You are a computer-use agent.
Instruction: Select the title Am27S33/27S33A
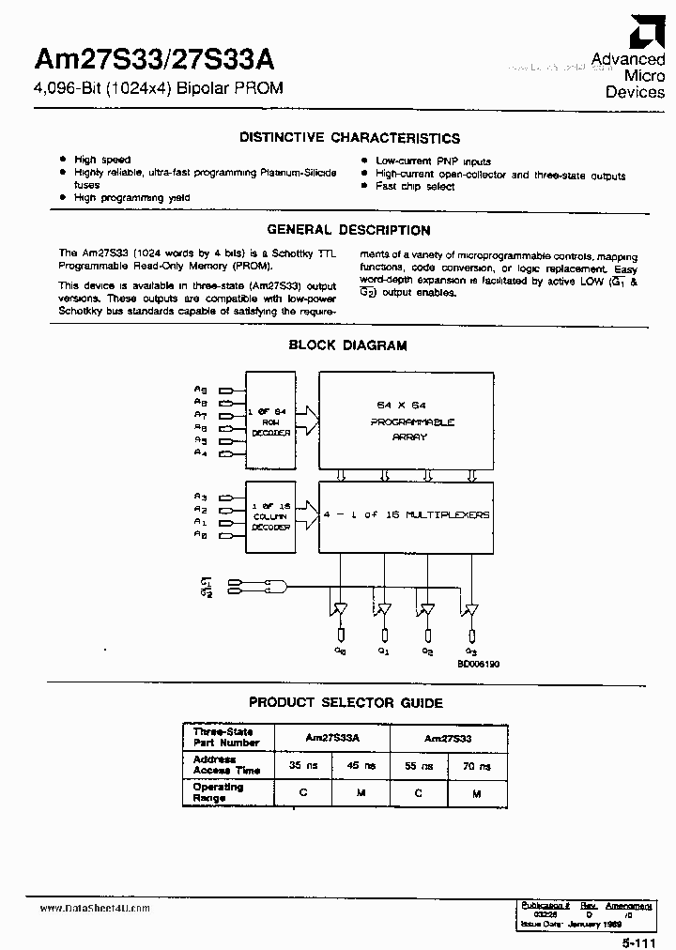pyautogui.click(x=155, y=60)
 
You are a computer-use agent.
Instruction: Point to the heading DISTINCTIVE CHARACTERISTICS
pyautogui.click(x=349, y=138)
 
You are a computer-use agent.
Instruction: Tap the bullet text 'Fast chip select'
pyautogui.click(x=415, y=187)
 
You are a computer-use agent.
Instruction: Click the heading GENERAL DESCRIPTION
pyautogui.click(x=348, y=230)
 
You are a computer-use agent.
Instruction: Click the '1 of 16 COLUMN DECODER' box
pyautogui.click(x=270, y=515)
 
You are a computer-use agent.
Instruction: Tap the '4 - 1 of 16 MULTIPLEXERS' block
pyautogui.click(x=406, y=514)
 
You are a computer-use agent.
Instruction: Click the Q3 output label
pyautogui.click(x=471, y=651)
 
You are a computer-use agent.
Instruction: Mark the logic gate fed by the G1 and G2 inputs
pyautogui.click(x=274, y=587)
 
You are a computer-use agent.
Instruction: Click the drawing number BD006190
pyautogui.click(x=479, y=663)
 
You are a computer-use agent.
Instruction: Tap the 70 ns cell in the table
pyautogui.click(x=478, y=767)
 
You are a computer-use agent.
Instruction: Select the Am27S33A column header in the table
pyautogui.click(x=333, y=739)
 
